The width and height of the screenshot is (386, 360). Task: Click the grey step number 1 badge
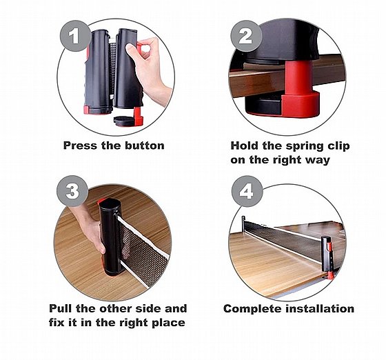75,36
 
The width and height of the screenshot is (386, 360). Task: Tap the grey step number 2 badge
246,36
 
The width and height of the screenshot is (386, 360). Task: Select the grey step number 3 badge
72,191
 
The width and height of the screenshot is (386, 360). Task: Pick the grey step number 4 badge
247,191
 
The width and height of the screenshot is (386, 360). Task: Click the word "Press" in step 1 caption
80,146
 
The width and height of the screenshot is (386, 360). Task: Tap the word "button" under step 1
145,146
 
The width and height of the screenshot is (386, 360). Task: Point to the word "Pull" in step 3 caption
61,308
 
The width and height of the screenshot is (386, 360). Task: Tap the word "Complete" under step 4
252,309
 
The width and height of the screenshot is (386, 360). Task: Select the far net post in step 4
243,223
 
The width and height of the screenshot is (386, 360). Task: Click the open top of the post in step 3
110,203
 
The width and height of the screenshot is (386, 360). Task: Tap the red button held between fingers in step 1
139,48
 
